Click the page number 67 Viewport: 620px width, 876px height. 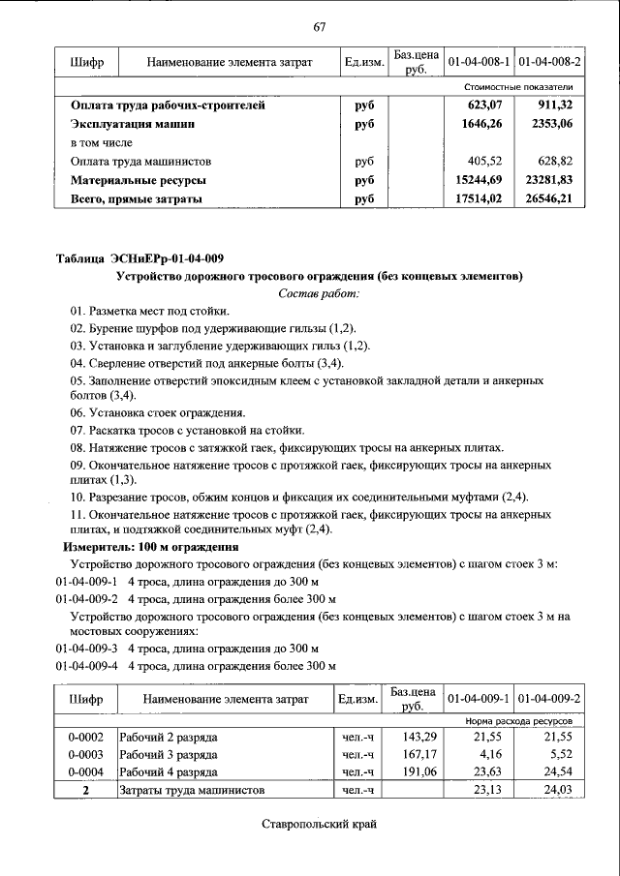(319, 26)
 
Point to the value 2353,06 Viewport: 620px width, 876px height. (551, 125)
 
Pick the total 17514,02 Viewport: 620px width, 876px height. (480, 199)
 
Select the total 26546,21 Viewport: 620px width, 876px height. (548, 199)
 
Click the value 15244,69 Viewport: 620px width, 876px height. (480, 180)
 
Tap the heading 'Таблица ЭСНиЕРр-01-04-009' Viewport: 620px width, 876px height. (139, 257)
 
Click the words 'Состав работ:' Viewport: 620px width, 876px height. (319, 293)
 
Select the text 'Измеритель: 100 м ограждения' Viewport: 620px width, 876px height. (150, 547)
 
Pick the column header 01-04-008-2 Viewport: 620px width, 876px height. (549, 62)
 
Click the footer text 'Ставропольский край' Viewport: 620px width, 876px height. (318, 825)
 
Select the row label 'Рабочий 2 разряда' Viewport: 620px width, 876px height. (168, 737)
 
